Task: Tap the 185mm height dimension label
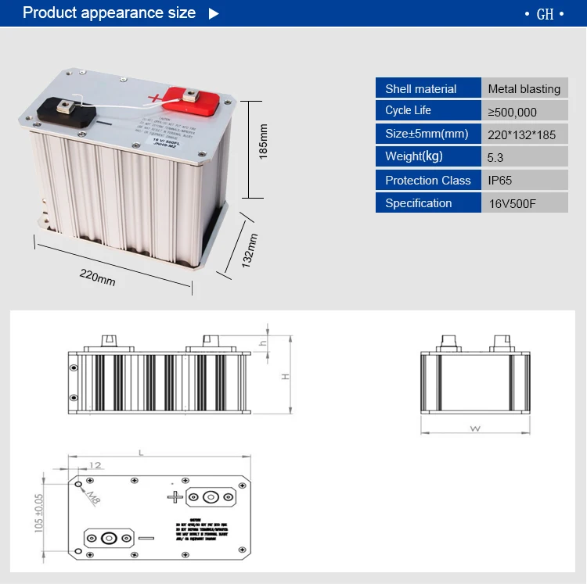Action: pyautogui.click(x=264, y=142)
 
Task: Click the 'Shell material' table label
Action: pyautogui.click(x=421, y=89)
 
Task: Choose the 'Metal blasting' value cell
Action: pyautogui.click(x=524, y=89)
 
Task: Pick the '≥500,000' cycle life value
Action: pyautogui.click(x=512, y=112)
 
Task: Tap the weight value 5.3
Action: pyautogui.click(x=495, y=157)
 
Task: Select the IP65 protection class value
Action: pyautogui.click(x=499, y=180)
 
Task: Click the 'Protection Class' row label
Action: pyautogui.click(x=427, y=180)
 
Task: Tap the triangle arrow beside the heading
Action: pyautogui.click(x=214, y=13)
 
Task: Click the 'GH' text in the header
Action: pyautogui.click(x=545, y=15)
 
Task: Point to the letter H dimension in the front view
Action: pyautogui.click(x=286, y=376)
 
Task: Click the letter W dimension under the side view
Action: pyautogui.click(x=474, y=428)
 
